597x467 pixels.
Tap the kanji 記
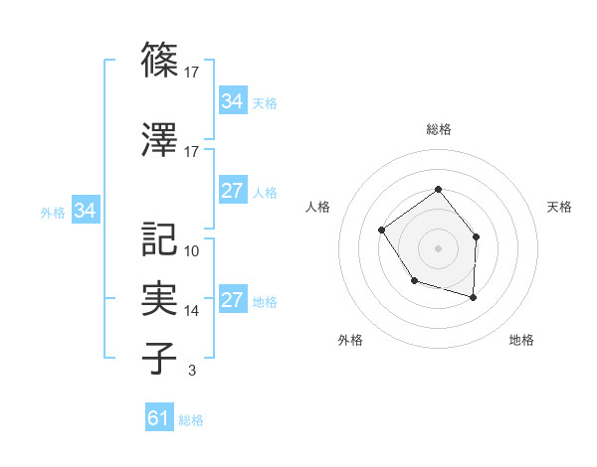click(160, 238)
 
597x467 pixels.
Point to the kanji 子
click(160, 358)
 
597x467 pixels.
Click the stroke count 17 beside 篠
click(192, 72)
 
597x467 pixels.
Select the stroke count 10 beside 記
click(192, 250)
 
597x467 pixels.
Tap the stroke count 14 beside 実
click(192, 311)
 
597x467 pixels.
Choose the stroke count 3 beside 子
click(191, 371)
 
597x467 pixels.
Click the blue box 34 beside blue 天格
click(232, 101)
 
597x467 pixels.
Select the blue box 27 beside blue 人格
click(232, 191)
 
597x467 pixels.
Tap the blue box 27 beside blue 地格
click(232, 301)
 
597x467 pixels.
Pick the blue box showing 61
click(158, 418)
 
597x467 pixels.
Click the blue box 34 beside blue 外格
click(85, 211)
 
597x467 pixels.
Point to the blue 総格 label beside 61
click(191, 420)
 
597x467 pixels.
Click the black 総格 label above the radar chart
click(438, 130)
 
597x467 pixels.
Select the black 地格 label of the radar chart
click(521, 341)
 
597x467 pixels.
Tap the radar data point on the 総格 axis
click(438, 190)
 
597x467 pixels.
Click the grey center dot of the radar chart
click(438, 248)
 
